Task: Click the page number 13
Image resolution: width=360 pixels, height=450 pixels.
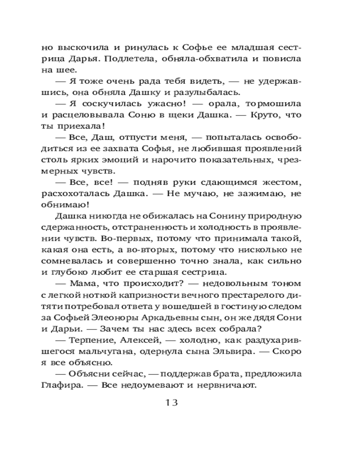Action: (x=170, y=401)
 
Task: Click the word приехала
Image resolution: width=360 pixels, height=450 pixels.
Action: (x=81, y=126)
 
